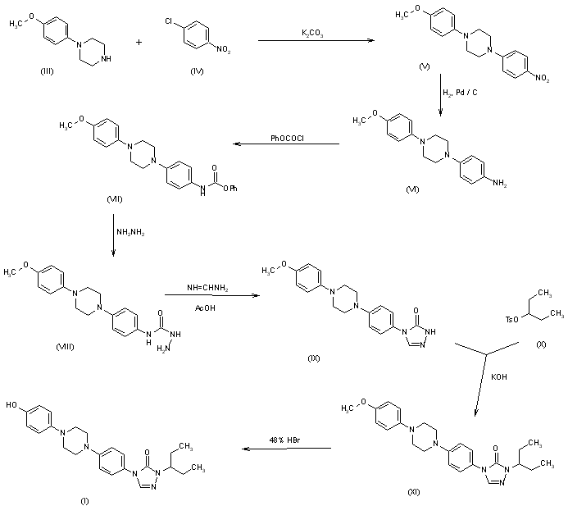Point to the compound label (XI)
pos(414,489)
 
